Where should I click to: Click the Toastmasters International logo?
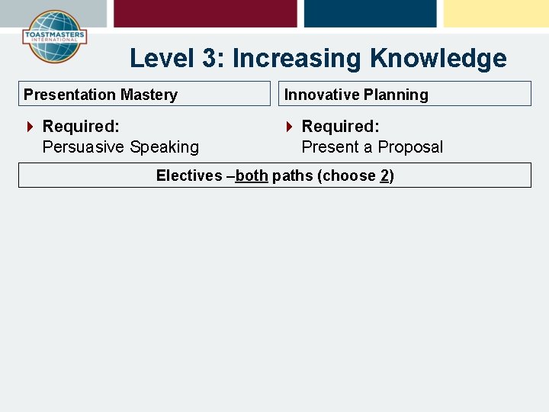coord(53,37)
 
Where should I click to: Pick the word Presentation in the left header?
coord(69,95)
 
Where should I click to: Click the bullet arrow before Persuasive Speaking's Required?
coord(30,127)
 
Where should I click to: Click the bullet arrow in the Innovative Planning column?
coord(289,127)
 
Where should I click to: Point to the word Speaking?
coord(164,147)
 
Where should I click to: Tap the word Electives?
coord(189,175)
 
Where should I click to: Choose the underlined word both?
coord(252,175)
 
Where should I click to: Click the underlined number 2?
coord(385,175)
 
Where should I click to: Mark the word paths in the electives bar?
coord(292,175)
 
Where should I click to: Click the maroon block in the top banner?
coord(205,13)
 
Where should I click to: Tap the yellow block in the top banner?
coord(496,13)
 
